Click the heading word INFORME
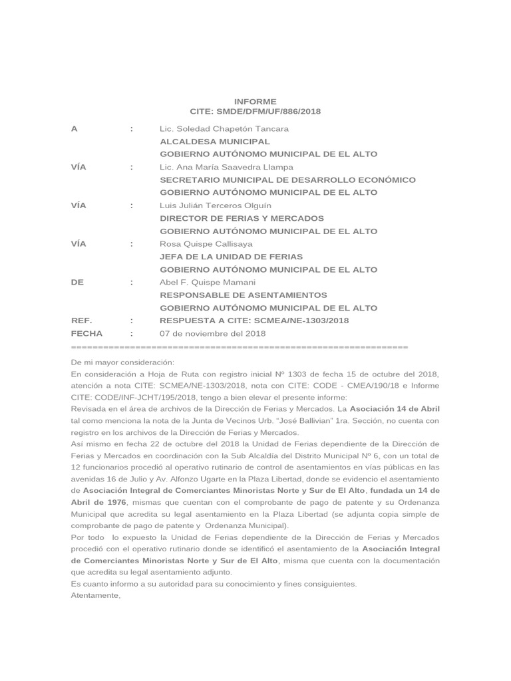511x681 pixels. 255,102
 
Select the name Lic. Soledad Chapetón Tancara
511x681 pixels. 224,129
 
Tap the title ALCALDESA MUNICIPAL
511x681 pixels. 215,142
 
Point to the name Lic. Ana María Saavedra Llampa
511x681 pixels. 227,167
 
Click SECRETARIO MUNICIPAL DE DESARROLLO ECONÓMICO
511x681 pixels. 287,180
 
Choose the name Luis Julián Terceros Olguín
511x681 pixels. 216,205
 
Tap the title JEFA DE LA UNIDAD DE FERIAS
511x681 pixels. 231,257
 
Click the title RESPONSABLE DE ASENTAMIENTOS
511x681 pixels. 244,295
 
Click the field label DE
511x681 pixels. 77,282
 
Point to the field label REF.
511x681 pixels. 81,321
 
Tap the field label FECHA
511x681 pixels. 86,333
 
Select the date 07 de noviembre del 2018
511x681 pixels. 212,333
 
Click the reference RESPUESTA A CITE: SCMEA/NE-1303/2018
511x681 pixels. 254,321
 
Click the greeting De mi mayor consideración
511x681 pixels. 122,362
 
